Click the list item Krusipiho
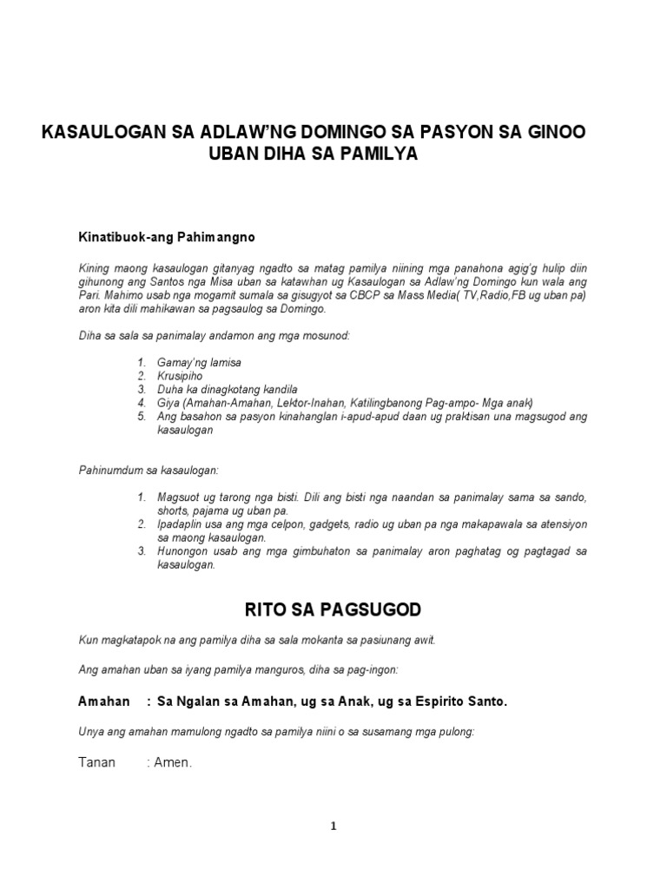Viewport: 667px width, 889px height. coord(179,376)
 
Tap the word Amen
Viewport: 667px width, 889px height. coord(172,764)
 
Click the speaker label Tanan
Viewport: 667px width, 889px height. coord(97,764)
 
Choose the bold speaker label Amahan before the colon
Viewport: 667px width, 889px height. coord(104,701)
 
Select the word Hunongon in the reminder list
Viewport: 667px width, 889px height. coord(182,551)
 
